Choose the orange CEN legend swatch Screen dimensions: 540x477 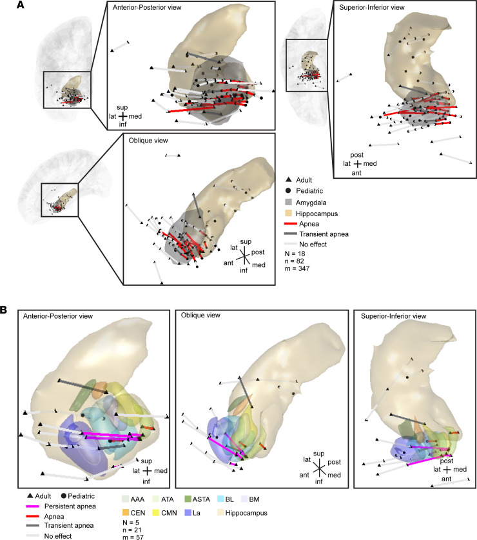click(125, 513)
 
